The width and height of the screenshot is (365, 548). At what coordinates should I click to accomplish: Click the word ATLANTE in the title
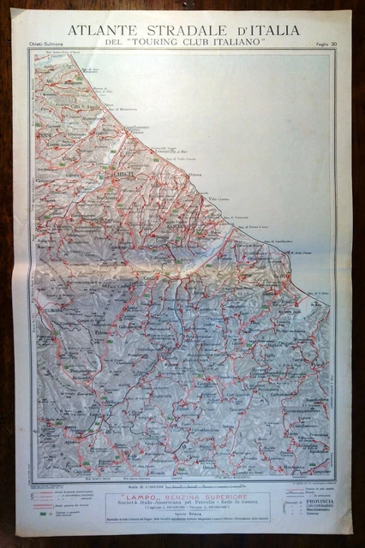[97, 31]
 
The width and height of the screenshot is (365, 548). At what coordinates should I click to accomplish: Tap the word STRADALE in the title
[188, 31]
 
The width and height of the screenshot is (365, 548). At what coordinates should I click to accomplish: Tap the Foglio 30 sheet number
[316, 44]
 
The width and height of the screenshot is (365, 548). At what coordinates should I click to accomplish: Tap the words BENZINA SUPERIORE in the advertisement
[205, 496]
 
